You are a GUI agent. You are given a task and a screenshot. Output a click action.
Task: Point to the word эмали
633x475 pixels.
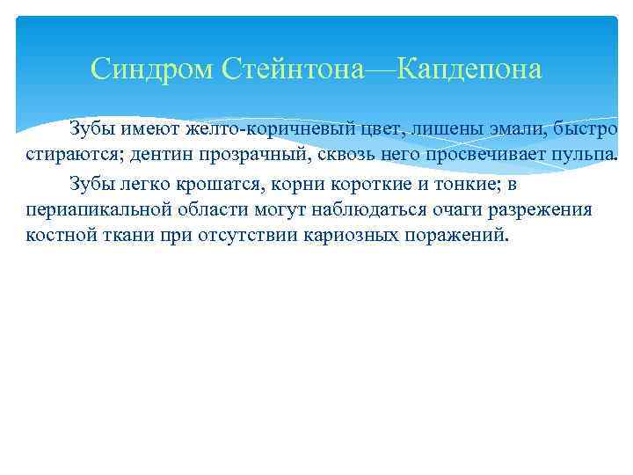click(493, 131)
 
